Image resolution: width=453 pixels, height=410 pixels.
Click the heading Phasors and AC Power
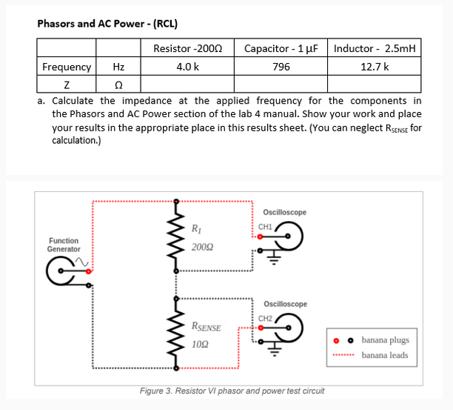click(107, 23)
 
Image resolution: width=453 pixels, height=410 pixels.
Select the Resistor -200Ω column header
click(187, 48)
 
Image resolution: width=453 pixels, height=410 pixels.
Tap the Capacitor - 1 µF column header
click(281, 48)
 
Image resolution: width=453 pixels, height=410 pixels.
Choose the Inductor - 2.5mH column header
click(375, 48)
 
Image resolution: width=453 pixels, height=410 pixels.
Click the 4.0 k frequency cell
click(187, 67)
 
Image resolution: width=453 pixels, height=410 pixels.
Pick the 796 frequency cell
click(281, 67)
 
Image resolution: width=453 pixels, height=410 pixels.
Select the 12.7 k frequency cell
click(375, 67)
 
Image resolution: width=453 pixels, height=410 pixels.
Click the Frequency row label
click(67, 67)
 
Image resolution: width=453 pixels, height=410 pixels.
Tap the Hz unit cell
click(118, 67)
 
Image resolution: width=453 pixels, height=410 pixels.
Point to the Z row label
click(67, 85)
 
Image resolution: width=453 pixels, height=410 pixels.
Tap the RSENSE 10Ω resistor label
click(206, 335)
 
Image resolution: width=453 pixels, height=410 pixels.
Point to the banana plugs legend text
click(385, 340)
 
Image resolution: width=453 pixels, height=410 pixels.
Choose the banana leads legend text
click(385, 354)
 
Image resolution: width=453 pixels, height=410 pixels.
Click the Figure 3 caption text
click(232, 391)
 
